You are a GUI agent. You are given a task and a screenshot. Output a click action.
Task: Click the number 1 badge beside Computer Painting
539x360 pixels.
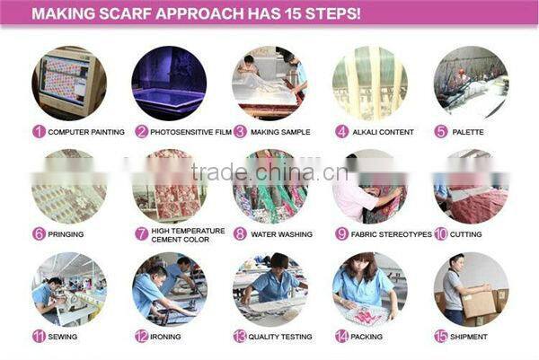39,132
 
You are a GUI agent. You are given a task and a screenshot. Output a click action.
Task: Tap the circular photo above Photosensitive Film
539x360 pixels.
170,83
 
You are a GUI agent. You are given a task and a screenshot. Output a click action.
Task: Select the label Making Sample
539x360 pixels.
280,132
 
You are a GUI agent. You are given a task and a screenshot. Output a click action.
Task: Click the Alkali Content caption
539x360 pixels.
384,132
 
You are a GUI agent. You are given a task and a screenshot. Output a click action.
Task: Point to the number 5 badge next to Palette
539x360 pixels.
441,132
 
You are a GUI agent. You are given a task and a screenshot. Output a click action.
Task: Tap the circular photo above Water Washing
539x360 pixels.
269,186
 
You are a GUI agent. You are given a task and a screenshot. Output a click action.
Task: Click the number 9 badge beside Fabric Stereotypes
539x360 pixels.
341,234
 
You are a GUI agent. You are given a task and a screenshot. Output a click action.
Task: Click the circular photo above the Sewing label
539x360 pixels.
69,288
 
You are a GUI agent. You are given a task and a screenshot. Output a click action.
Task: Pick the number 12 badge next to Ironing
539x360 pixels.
141,337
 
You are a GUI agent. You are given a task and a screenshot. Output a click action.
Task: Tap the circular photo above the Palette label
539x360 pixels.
471,83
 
